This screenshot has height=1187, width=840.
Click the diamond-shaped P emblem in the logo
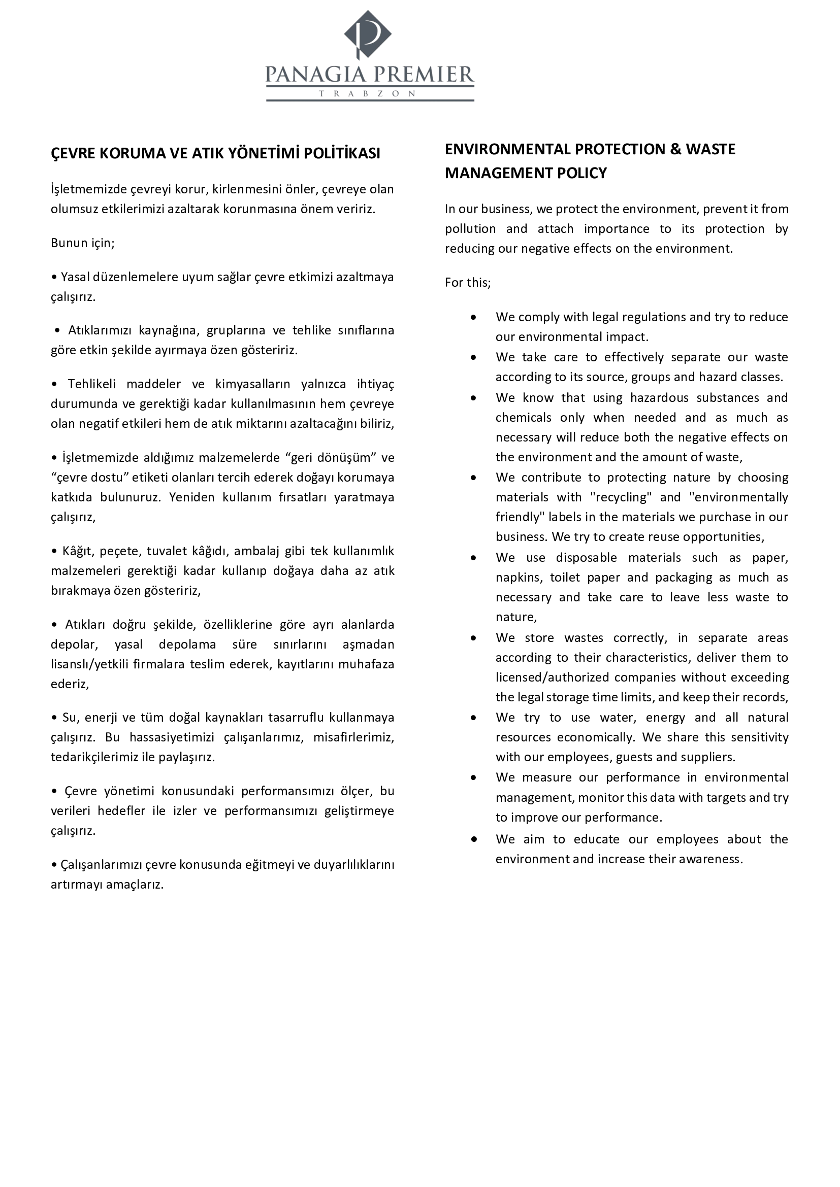tap(368, 34)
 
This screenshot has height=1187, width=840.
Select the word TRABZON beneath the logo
tap(368, 94)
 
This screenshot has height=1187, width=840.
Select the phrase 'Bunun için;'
tap(83, 243)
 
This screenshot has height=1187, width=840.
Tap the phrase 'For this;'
tap(468, 283)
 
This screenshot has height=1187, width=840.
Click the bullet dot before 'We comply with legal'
tap(473, 317)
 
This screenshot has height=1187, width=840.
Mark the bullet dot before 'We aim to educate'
tap(473, 839)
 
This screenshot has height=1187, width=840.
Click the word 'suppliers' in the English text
tap(709, 757)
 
